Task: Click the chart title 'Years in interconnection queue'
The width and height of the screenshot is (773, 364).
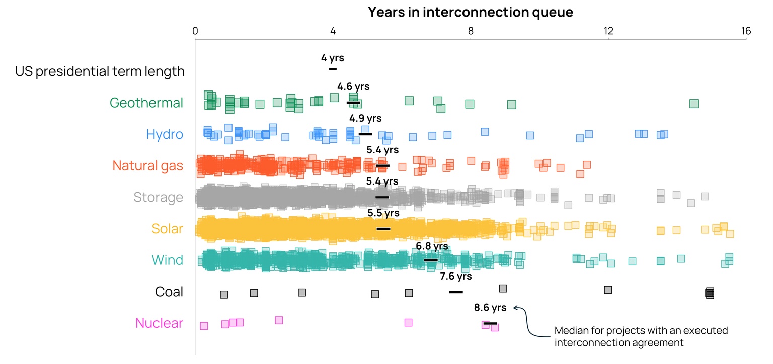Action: tap(470, 12)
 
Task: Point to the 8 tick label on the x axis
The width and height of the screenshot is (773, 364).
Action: tap(471, 30)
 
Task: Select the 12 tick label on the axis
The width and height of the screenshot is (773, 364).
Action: tap(608, 30)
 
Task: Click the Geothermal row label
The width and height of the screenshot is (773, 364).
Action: tap(146, 103)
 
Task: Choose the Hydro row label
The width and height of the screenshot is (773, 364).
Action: tap(165, 134)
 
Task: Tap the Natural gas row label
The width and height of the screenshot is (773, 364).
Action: tap(147, 165)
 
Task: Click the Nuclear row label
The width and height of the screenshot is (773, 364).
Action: tap(159, 323)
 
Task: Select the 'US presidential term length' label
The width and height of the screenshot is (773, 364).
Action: tap(100, 71)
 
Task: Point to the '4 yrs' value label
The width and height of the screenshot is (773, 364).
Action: tap(332, 57)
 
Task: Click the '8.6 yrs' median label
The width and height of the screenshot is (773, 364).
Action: tap(490, 308)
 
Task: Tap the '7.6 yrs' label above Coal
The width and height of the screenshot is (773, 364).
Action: tap(455, 276)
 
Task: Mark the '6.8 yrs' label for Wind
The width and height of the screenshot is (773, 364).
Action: tap(432, 246)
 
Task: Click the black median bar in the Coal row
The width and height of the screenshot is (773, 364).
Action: tap(456, 292)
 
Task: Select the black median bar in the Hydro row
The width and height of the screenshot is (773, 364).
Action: tap(365, 134)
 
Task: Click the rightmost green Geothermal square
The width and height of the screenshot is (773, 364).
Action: tap(693, 103)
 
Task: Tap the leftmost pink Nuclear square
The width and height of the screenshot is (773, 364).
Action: tap(204, 326)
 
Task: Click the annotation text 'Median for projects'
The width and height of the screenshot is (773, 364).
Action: tap(641, 331)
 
